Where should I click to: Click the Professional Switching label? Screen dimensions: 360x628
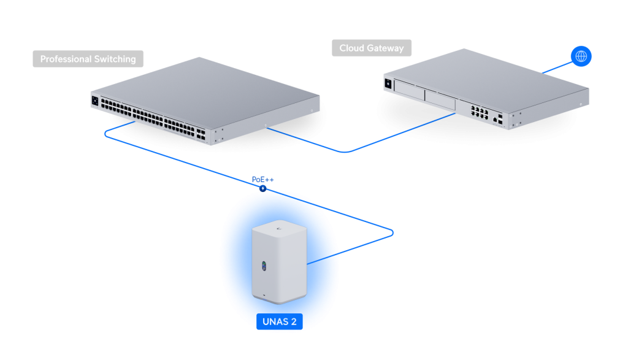tap(88, 59)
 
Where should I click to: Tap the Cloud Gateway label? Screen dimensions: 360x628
tap(372, 48)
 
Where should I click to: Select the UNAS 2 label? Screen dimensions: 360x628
tap(279, 321)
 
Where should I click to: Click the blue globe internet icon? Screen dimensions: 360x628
tap(581, 56)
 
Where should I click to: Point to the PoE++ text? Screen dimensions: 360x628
tap(262, 179)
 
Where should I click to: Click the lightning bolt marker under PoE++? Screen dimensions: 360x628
tap(262, 189)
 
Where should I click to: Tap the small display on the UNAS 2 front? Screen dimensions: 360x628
tap(264, 266)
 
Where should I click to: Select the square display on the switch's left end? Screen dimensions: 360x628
tap(95, 101)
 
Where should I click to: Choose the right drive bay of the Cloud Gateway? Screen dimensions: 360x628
tap(440, 100)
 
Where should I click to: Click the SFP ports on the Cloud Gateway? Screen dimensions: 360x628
tap(501, 118)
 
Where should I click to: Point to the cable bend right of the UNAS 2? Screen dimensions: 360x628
tap(391, 233)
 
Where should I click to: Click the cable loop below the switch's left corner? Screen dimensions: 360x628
tap(107, 133)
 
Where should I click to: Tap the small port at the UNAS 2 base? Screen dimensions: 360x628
tap(264, 296)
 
